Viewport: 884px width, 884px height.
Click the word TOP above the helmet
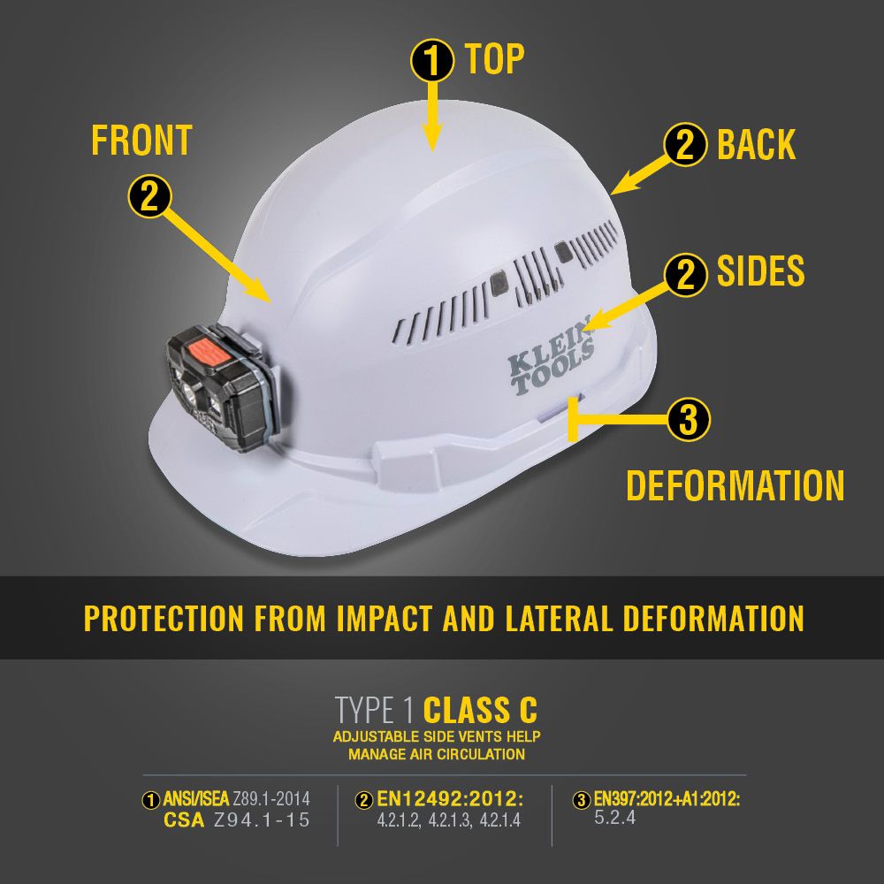pyautogui.click(x=494, y=58)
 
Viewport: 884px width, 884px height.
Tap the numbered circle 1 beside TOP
pyautogui.click(x=432, y=60)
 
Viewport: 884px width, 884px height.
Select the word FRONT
pyautogui.click(x=142, y=141)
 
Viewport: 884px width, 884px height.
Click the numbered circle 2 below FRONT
pyautogui.click(x=149, y=196)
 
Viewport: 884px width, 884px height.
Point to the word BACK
pyautogui.click(x=756, y=145)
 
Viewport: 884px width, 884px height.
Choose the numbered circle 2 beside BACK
pyautogui.click(x=685, y=145)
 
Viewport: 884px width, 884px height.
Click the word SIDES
pyautogui.click(x=760, y=271)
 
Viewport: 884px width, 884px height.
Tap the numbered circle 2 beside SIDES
pyautogui.click(x=685, y=275)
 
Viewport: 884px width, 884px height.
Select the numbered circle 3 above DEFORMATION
pyautogui.click(x=689, y=419)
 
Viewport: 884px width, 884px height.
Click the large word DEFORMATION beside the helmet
pyautogui.click(x=735, y=485)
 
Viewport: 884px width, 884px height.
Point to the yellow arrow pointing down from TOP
pyautogui.click(x=432, y=117)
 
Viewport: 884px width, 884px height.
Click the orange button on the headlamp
pyautogui.click(x=208, y=353)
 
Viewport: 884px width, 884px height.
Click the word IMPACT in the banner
pyautogui.click(x=385, y=618)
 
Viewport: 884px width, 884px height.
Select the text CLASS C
pyautogui.click(x=480, y=711)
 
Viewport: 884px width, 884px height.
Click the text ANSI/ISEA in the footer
pyautogui.click(x=196, y=799)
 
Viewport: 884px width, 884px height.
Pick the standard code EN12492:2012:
pyautogui.click(x=451, y=799)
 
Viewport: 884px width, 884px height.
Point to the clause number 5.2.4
pyautogui.click(x=615, y=818)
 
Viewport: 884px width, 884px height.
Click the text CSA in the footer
pyautogui.click(x=184, y=819)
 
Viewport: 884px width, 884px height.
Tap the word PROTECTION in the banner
pyautogui.click(x=164, y=618)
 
